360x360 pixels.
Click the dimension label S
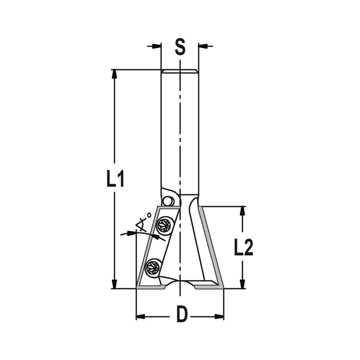pyautogui.click(x=180, y=47)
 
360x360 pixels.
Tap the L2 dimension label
pyautogui.click(x=243, y=247)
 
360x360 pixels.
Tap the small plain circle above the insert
pyautogui.click(x=167, y=201)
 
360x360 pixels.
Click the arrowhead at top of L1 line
pyautogui.click(x=114, y=73)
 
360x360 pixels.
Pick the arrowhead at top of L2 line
pyautogui.click(x=242, y=211)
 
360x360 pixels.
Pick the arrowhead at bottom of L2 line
pyautogui.click(x=242, y=284)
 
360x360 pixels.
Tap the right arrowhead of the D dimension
pyautogui.click(x=219, y=317)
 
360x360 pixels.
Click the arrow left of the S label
pyautogui.click(x=156, y=46)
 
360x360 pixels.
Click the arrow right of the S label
pyautogui.click(x=204, y=46)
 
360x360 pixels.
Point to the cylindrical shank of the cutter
pyautogui.click(x=179, y=130)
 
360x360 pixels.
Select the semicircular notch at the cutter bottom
pyautogui.click(x=179, y=284)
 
